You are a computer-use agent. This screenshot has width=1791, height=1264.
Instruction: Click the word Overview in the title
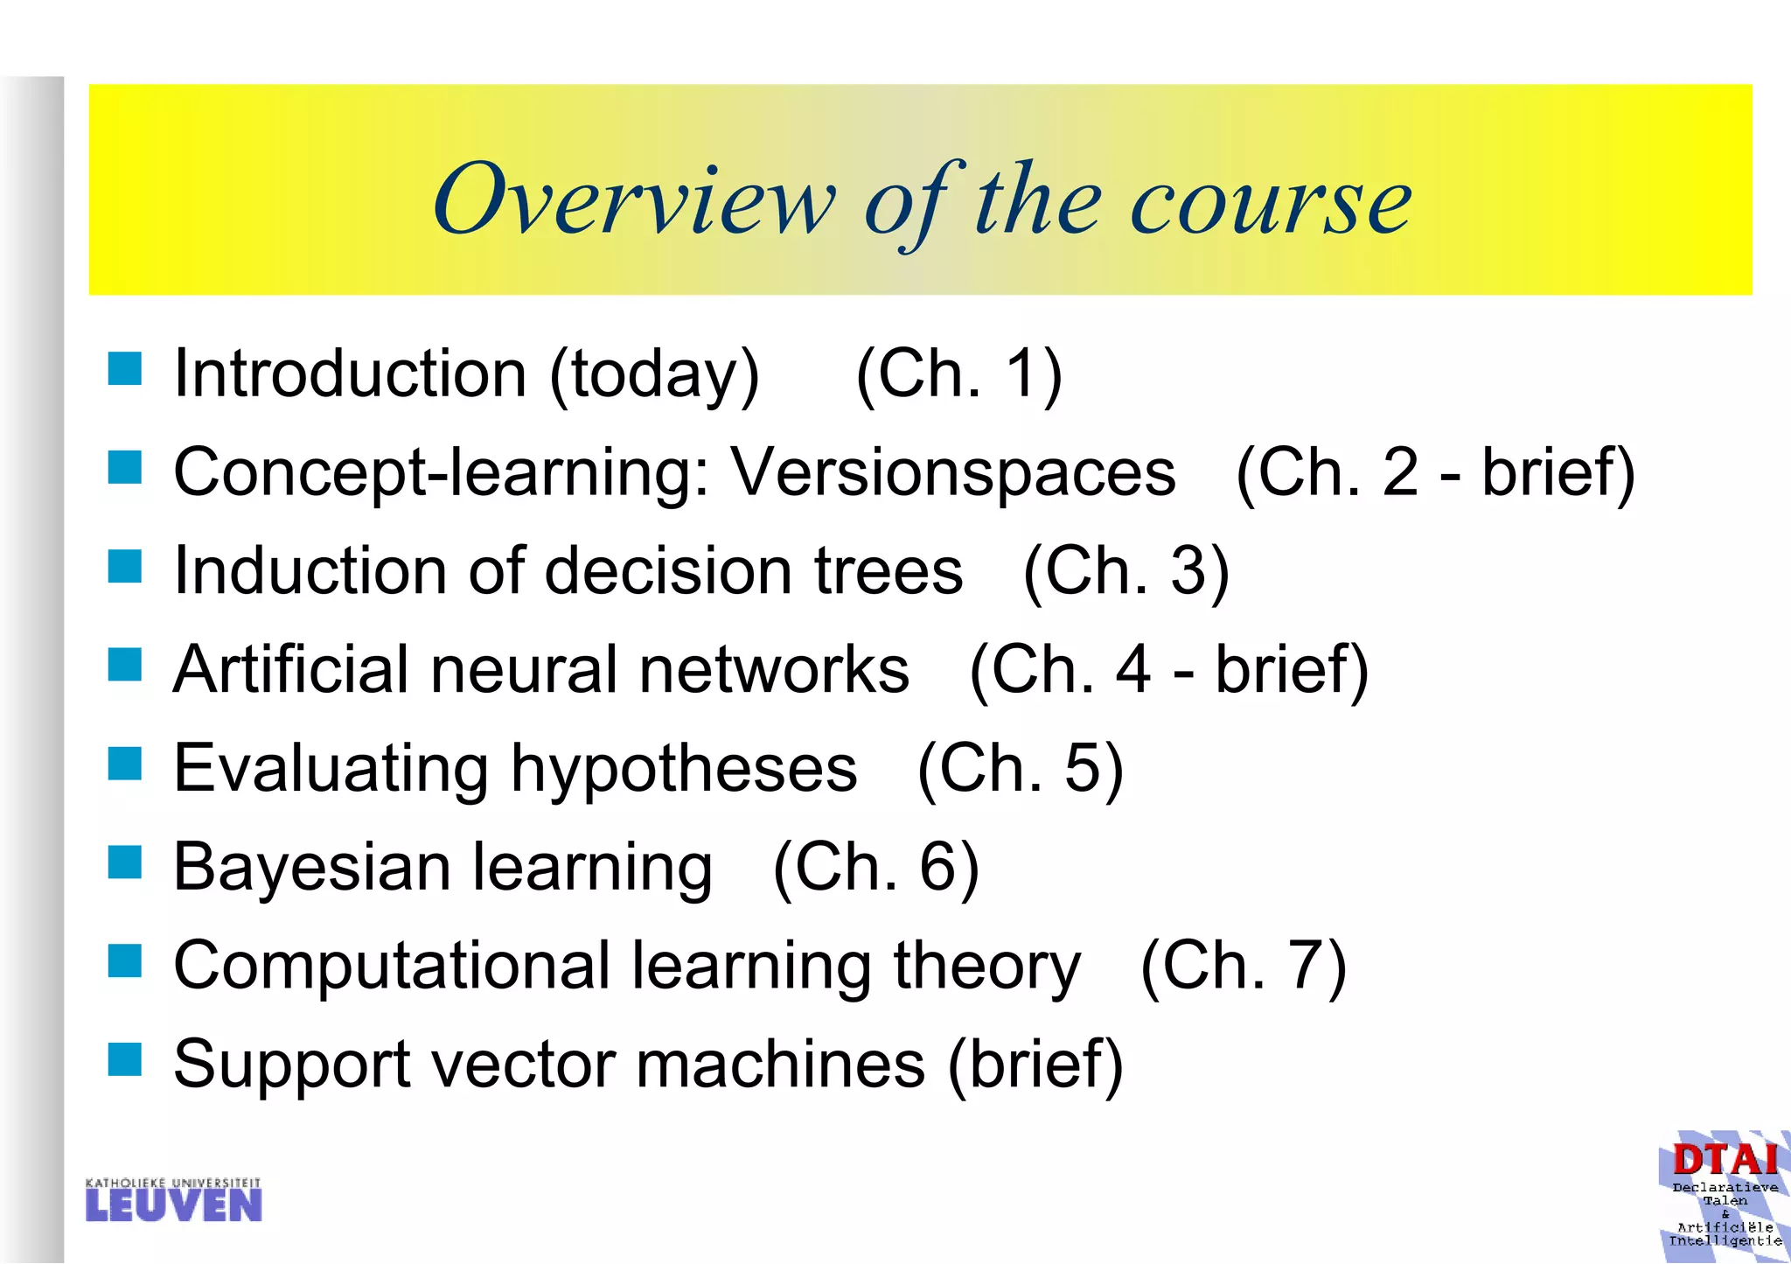click(633, 200)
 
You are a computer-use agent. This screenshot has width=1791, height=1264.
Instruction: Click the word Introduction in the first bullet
click(350, 374)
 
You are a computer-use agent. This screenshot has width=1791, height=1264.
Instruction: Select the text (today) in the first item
click(654, 374)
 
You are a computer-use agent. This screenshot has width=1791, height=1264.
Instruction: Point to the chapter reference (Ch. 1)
click(958, 374)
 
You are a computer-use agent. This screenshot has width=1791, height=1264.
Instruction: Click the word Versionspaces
click(953, 472)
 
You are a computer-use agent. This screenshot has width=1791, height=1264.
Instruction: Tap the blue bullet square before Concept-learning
click(125, 467)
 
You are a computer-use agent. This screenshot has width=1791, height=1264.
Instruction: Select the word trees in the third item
click(889, 570)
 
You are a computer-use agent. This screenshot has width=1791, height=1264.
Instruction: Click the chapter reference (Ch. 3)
click(1126, 571)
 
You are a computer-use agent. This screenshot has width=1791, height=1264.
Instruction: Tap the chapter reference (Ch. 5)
click(1020, 769)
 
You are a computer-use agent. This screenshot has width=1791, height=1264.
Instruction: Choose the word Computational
click(392, 966)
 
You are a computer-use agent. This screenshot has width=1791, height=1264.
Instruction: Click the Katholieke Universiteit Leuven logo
click(173, 1200)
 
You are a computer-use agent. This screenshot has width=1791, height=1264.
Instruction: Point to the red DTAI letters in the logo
click(1725, 1161)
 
